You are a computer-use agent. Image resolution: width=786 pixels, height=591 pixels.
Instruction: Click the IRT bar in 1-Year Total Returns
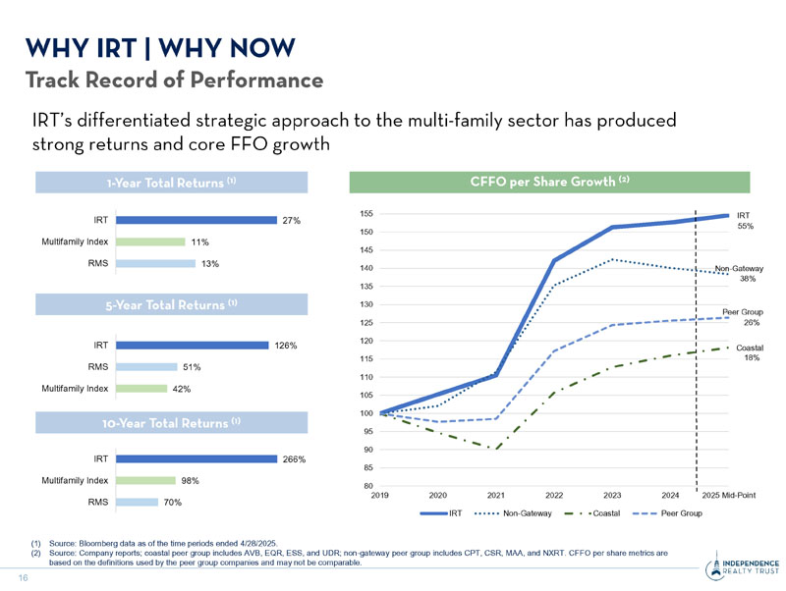coord(195,220)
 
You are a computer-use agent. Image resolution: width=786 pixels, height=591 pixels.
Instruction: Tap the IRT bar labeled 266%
coord(196,458)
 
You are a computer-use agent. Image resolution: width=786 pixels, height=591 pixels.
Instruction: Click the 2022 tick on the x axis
coord(554,495)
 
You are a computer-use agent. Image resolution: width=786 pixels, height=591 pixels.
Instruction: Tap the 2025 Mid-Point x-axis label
coord(728,495)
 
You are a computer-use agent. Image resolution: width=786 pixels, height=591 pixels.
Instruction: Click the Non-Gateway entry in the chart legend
coord(518,513)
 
